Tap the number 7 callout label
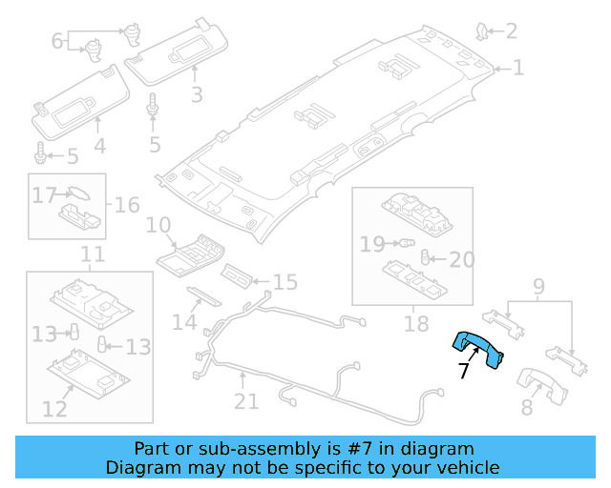tap(464, 371)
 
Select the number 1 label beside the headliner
tap(518, 68)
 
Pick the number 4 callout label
tap(99, 147)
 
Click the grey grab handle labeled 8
tap(542, 382)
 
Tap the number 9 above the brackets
tap(538, 285)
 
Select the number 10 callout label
tap(158, 226)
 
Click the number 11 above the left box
tap(92, 254)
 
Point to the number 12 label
tap(54, 409)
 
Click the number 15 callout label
tap(285, 282)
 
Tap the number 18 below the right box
tap(416, 324)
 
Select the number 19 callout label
tap(372, 245)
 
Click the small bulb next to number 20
tap(427, 258)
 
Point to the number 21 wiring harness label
tap(246, 401)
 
